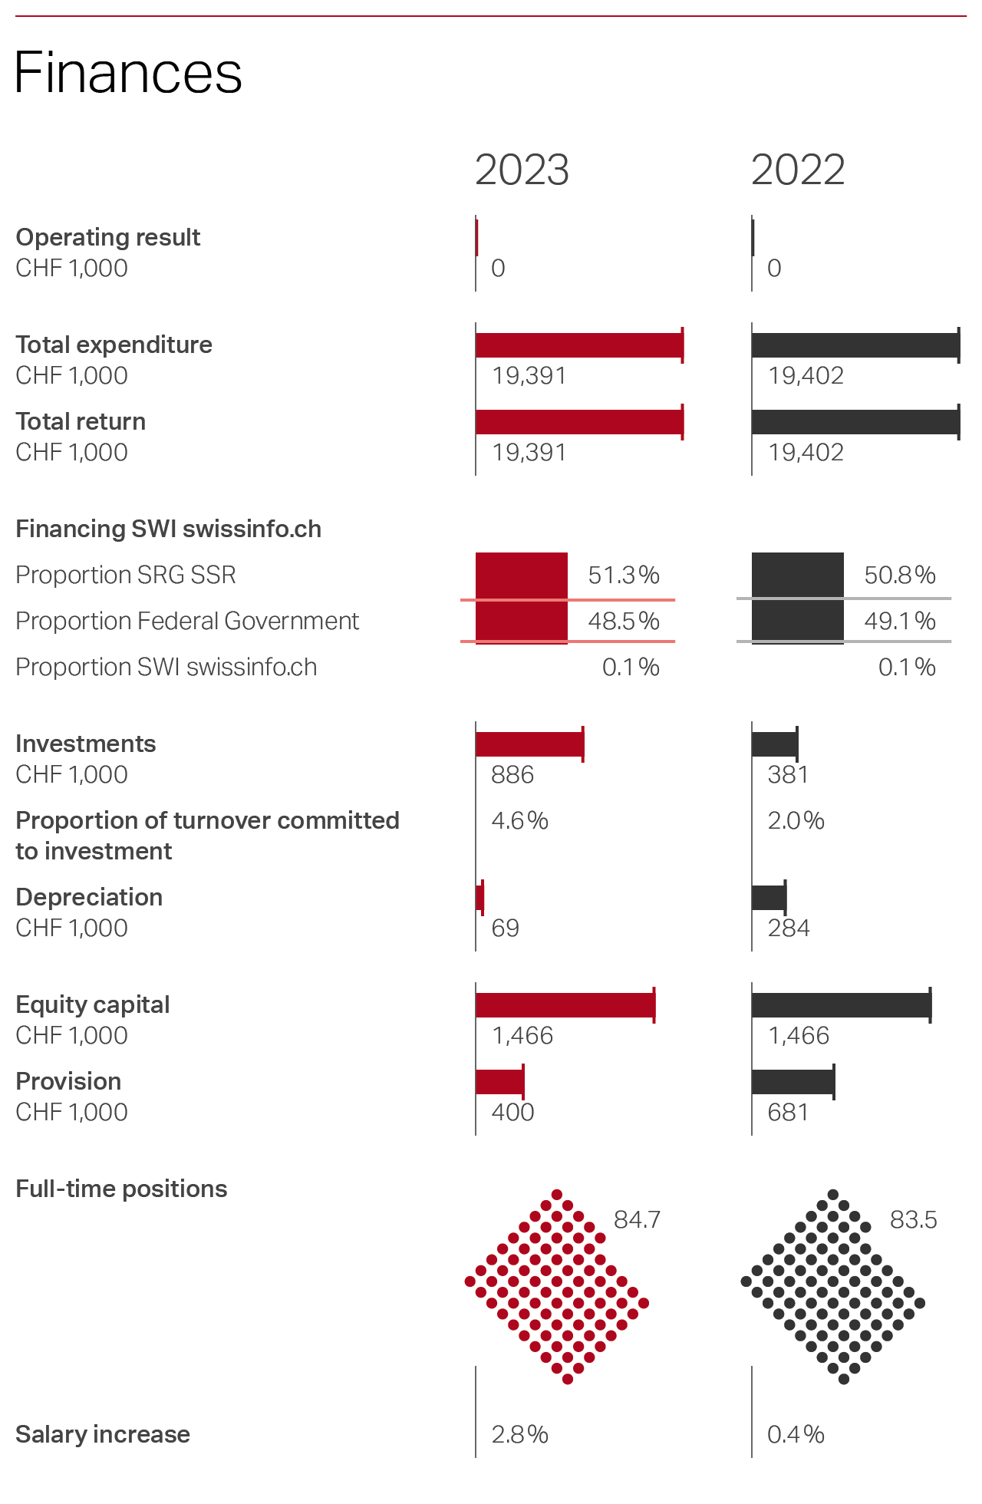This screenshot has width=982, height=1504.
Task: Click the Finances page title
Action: click(x=128, y=73)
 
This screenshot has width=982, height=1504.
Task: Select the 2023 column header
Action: click(x=522, y=170)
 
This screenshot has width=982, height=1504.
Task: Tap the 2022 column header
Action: click(x=798, y=170)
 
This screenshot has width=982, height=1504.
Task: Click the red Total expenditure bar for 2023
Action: click(x=579, y=345)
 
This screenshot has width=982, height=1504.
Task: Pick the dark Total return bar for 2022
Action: click(x=855, y=422)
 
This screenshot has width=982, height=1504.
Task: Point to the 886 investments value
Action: click(x=512, y=775)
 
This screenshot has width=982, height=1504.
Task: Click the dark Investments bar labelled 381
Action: click(x=775, y=744)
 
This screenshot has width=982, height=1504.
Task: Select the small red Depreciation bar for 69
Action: click(x=480, y=898)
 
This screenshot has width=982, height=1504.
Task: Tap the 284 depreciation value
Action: click(x=789, y=928)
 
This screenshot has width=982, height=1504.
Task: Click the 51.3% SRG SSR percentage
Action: click(x=624, y=576)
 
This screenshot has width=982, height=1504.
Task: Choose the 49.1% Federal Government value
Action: click(x=900, y=621)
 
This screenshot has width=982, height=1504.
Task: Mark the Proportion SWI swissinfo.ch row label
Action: click(x=166, y=668)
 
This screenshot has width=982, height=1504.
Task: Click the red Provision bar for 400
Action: click(x=499, y=1082)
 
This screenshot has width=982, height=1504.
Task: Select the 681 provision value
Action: click(x=788, y=1113)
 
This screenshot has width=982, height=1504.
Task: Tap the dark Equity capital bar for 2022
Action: click(x=841, y=1005)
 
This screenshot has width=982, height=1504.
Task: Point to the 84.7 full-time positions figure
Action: click(x=637, y=1220)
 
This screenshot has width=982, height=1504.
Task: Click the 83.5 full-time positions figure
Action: click(x=913, y=1220)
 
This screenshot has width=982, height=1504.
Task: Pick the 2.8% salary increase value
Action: click(x=519, y=1435)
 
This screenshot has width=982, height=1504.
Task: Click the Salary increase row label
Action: click(x=103, y=1435)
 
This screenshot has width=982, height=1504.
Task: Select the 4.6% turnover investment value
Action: click(x=519, y=821)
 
